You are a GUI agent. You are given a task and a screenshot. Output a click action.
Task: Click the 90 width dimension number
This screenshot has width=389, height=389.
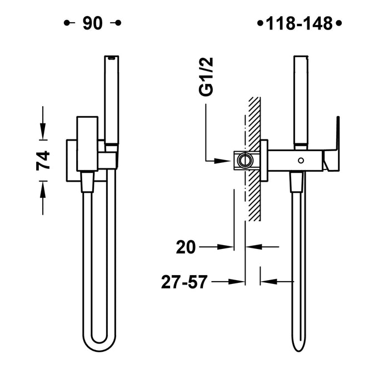[93, 23]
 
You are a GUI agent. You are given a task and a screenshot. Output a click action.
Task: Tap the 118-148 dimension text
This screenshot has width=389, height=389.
[299, 23]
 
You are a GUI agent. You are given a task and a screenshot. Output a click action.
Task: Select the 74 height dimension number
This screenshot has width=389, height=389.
[43, 161]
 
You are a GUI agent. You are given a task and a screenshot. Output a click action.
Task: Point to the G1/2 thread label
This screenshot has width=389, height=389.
[206, 77]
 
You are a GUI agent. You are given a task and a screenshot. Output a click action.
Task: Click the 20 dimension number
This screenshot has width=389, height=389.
[186, 247]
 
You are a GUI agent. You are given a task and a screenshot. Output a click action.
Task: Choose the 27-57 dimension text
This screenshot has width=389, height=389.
[184, 282]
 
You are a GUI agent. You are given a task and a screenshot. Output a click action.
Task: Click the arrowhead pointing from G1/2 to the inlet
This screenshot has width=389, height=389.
[222, 161]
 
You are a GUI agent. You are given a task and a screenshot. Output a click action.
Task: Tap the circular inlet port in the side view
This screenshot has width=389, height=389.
[245, 161]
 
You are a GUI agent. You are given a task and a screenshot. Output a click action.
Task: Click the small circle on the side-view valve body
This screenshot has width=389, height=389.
[301, 161]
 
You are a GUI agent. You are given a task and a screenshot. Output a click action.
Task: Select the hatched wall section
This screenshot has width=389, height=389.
[255, 159]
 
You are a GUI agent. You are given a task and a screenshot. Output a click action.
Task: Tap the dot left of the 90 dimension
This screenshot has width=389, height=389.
[66, 23]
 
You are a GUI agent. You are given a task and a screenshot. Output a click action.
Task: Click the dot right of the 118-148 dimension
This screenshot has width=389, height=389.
[338, 23]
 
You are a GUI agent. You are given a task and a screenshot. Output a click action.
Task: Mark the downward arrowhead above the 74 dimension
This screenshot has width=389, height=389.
[43, 132]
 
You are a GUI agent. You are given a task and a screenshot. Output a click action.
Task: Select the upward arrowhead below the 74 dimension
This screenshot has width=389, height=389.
[43, 190]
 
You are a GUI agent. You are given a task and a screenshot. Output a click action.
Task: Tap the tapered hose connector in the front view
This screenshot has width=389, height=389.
[87, 182]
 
